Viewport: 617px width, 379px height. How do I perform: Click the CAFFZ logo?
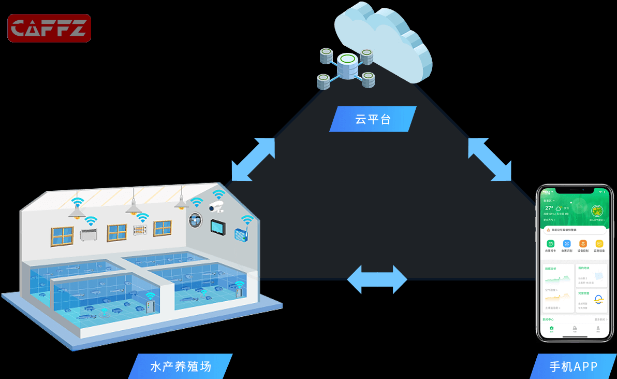[49, 28]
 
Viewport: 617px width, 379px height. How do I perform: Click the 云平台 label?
[373, 119]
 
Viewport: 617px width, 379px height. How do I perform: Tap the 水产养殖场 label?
[181, 367]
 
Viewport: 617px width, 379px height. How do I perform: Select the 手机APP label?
[573, 367]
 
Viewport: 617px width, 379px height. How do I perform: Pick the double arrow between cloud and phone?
[490, 159]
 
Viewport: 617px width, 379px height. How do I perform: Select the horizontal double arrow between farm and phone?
[377, 280]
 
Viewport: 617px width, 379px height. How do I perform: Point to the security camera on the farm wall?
[216, 207]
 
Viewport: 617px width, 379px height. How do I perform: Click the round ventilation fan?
[195, 219]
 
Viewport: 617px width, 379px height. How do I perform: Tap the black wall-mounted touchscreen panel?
[217, 227]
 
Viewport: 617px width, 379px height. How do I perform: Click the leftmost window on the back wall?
[62, 236]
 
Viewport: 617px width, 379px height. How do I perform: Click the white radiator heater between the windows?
[89, 235]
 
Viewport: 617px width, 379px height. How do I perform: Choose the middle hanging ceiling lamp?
[134, 208]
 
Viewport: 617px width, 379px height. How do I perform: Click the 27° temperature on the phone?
[549, 208]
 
